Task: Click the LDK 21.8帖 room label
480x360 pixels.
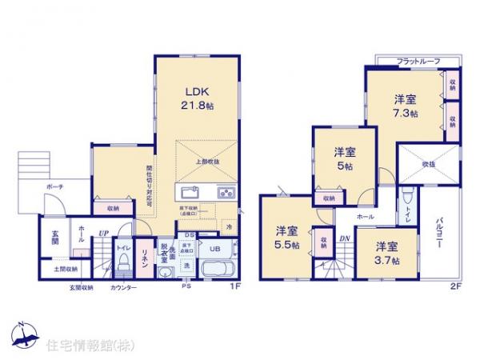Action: (198, 97)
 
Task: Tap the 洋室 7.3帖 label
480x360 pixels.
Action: (405, 107)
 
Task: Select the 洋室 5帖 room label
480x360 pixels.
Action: (345, 157)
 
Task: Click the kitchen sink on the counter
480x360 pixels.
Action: (191, 194)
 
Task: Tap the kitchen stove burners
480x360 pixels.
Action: (226, 194)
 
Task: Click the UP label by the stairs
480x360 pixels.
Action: (103, 234)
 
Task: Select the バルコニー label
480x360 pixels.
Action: (441, 234)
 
